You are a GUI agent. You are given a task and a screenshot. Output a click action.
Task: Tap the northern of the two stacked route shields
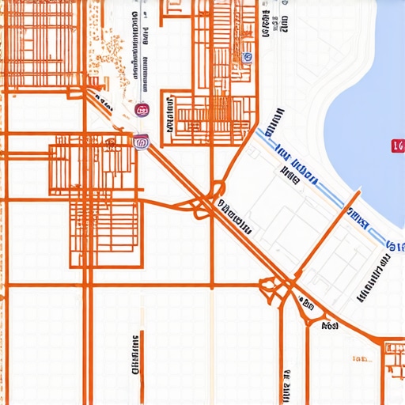coord(142,110)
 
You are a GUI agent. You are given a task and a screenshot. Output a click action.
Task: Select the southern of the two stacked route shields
coord(142,142)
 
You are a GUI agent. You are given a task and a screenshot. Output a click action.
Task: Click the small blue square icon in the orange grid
coord(248,57)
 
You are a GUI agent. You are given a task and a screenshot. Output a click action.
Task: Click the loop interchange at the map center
coord(207,202)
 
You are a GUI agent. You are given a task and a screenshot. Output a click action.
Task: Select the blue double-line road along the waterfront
coord(316,182)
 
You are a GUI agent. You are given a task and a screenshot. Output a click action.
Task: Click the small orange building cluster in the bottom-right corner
coord(392,352)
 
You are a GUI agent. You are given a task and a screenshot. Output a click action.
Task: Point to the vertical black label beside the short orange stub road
coord(134,354)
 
